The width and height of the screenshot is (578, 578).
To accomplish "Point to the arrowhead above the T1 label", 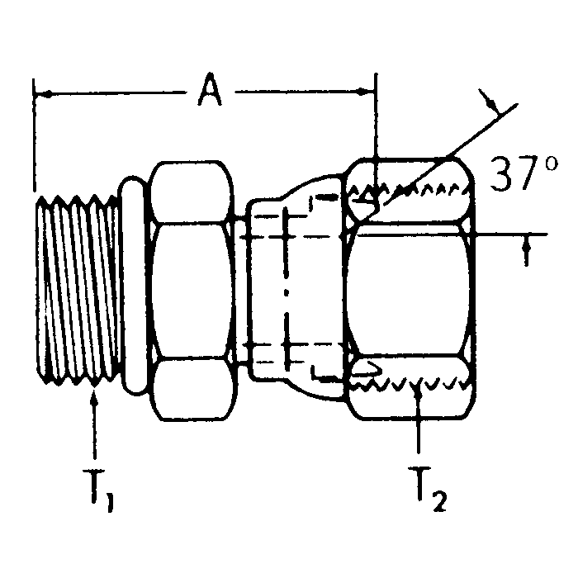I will click(x=97, y=398).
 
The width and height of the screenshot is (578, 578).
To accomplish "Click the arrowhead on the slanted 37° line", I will click(x=492, y=107).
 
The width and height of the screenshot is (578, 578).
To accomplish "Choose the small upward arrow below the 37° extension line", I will click(x=526, y=252).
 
